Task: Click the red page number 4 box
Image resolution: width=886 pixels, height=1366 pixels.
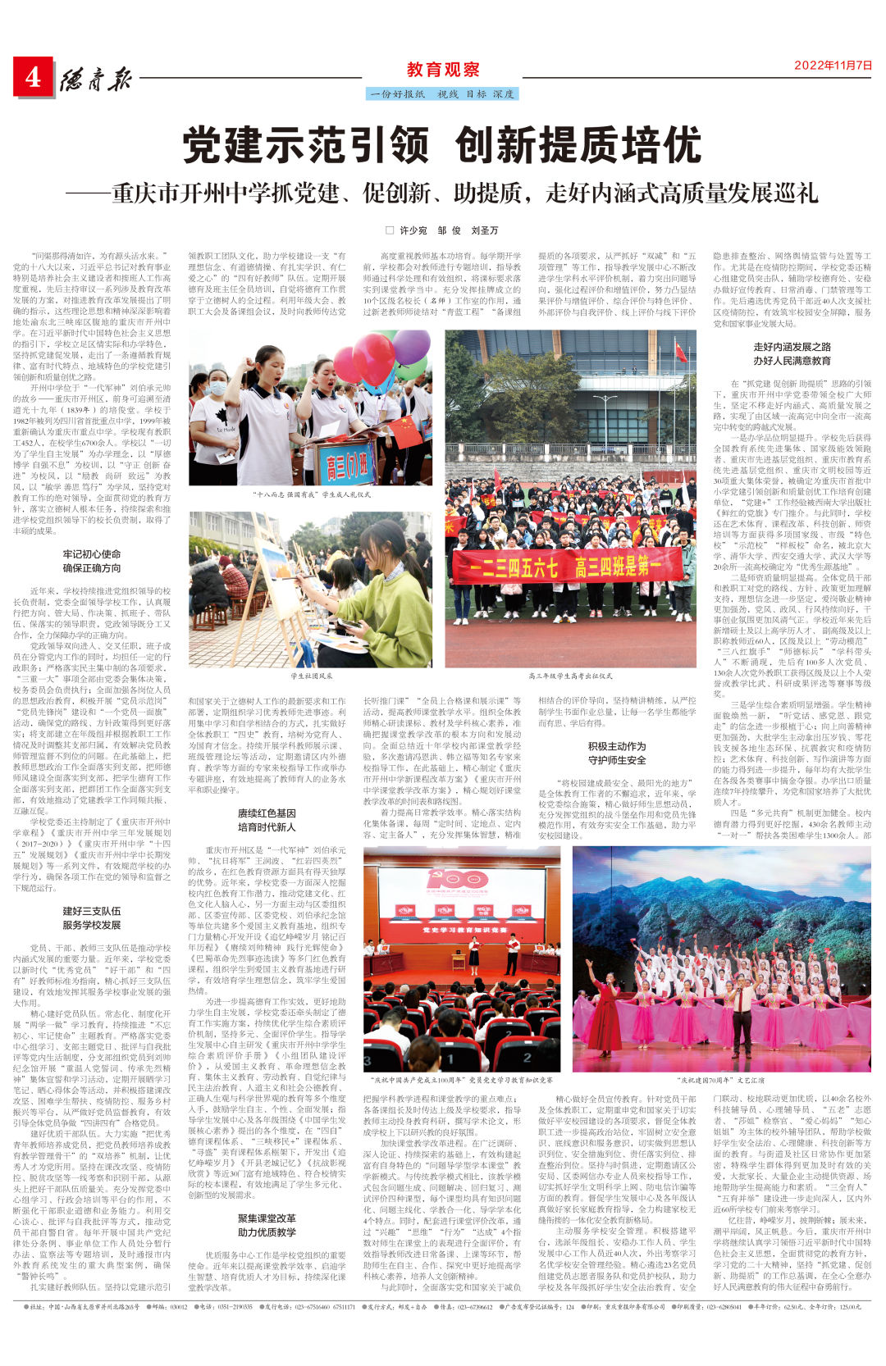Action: click(33, 77)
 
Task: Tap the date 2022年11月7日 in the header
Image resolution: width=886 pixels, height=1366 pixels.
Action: click(832, 66)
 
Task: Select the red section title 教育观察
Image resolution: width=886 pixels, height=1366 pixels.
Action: click(443, 70)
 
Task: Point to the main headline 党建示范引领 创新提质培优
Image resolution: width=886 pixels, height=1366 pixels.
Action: click(442, 146)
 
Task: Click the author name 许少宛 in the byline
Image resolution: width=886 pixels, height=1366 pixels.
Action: click(413, 230)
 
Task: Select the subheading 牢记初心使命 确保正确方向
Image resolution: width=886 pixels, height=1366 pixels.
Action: click(92, 561)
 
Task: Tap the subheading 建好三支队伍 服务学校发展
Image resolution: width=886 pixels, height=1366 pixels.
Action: click(92, 918)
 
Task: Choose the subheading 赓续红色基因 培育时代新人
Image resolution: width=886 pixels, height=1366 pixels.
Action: click(267, 821)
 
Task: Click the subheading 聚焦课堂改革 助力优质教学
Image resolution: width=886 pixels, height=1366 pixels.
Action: click(267, 1225)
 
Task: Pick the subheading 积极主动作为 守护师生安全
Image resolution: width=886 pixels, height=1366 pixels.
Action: click(616, 753)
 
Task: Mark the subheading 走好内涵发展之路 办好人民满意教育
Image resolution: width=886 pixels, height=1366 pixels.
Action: click(792, 353)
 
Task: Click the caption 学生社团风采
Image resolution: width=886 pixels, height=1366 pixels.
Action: click(312, 676)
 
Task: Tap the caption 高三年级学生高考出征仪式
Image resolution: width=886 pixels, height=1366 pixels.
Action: click(570, 676)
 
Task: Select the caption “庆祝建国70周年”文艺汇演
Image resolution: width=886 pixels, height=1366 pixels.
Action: click(721, 1081)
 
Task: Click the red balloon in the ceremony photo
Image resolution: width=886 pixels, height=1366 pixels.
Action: click(373, 358)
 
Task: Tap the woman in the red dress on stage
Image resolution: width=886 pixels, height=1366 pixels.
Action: click(605, 1016)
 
